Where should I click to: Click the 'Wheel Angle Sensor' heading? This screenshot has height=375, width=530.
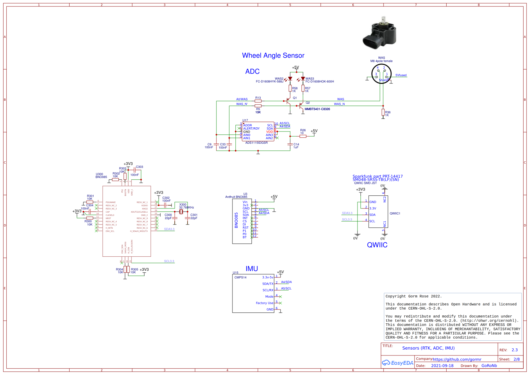point(273,55)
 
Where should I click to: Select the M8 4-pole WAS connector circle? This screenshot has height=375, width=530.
point(381,74)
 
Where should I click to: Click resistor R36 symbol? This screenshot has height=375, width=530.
point(383,112)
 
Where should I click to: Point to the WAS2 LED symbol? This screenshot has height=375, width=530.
point(290,79)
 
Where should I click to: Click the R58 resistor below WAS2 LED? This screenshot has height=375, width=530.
point(290,88)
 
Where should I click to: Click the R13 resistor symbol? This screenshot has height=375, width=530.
point(258,101)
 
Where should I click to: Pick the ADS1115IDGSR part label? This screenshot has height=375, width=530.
point(256,143)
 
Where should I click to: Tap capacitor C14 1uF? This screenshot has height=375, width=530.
point(290,144)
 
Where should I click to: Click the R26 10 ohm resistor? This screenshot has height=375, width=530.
point(303,136)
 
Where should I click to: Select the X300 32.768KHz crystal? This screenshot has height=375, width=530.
point(181,212)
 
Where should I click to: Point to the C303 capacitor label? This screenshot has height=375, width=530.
point(139,167)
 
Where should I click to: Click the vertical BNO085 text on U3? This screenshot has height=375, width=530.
point(236,220)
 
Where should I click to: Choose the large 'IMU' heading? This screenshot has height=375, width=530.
point(252,269)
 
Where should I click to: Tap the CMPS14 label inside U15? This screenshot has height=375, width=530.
point(240,277)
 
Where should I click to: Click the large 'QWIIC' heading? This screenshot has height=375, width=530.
point(377,245)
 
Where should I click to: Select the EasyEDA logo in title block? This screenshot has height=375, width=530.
point(398,363)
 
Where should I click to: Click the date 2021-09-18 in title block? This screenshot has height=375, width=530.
point(442,366)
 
